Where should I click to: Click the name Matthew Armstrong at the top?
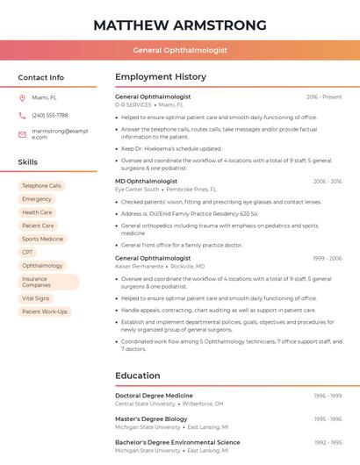tap(180, 24)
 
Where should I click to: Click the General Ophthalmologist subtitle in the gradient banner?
tap(180, 50)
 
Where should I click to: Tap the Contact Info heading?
tap(41, 77)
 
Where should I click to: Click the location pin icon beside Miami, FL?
tap(22, 98)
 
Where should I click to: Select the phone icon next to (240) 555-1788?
tap(22, 115)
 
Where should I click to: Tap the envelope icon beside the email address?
tap(22, 134)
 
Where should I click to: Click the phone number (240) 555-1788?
tap(50, 115)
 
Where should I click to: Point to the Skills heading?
tap(28, 162)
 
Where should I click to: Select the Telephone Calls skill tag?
tap(41, 186)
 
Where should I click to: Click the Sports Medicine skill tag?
tap(42, 239)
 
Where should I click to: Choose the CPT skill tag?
tap(28, 252)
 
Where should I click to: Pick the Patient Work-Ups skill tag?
tap(44, 311)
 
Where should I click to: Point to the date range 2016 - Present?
tap(324, 97)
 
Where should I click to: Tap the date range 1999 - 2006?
tap(327, 259)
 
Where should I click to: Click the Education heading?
tap(137, 376)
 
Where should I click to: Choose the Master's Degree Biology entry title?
tap(151, 419)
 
